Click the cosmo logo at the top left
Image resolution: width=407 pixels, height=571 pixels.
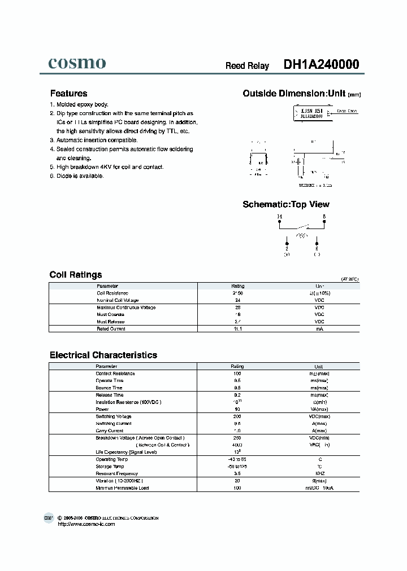pos(76,63)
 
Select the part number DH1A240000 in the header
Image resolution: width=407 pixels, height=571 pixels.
pos(321,65)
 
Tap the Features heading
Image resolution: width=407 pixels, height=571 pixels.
pos(68,94)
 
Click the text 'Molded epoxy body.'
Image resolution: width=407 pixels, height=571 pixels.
pos(82,104)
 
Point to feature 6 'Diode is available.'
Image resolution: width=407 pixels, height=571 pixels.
pos(80,176)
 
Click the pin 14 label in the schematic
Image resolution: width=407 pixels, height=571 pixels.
pos(279,217)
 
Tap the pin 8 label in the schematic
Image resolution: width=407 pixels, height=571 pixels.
pos(324,217)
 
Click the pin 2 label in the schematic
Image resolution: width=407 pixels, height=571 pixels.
pos(287,248)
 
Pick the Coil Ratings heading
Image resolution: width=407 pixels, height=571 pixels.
pos(76,275)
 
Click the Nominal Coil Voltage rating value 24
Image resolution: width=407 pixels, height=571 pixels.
pos(238,300)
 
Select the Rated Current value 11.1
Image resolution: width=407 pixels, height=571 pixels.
pos(238,328)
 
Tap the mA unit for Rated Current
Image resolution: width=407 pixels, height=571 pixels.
pos(319,328)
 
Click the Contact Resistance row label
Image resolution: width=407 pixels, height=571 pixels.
pos(115,374)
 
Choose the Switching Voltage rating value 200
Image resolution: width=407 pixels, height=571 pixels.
pos(238,416)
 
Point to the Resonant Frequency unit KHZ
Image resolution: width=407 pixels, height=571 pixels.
pos(319,473)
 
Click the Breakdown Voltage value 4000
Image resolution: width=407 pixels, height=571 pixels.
pos(238,445)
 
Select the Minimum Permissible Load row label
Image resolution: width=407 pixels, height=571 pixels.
pos(122,487)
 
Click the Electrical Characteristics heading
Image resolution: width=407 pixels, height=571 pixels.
pos(103,355)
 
